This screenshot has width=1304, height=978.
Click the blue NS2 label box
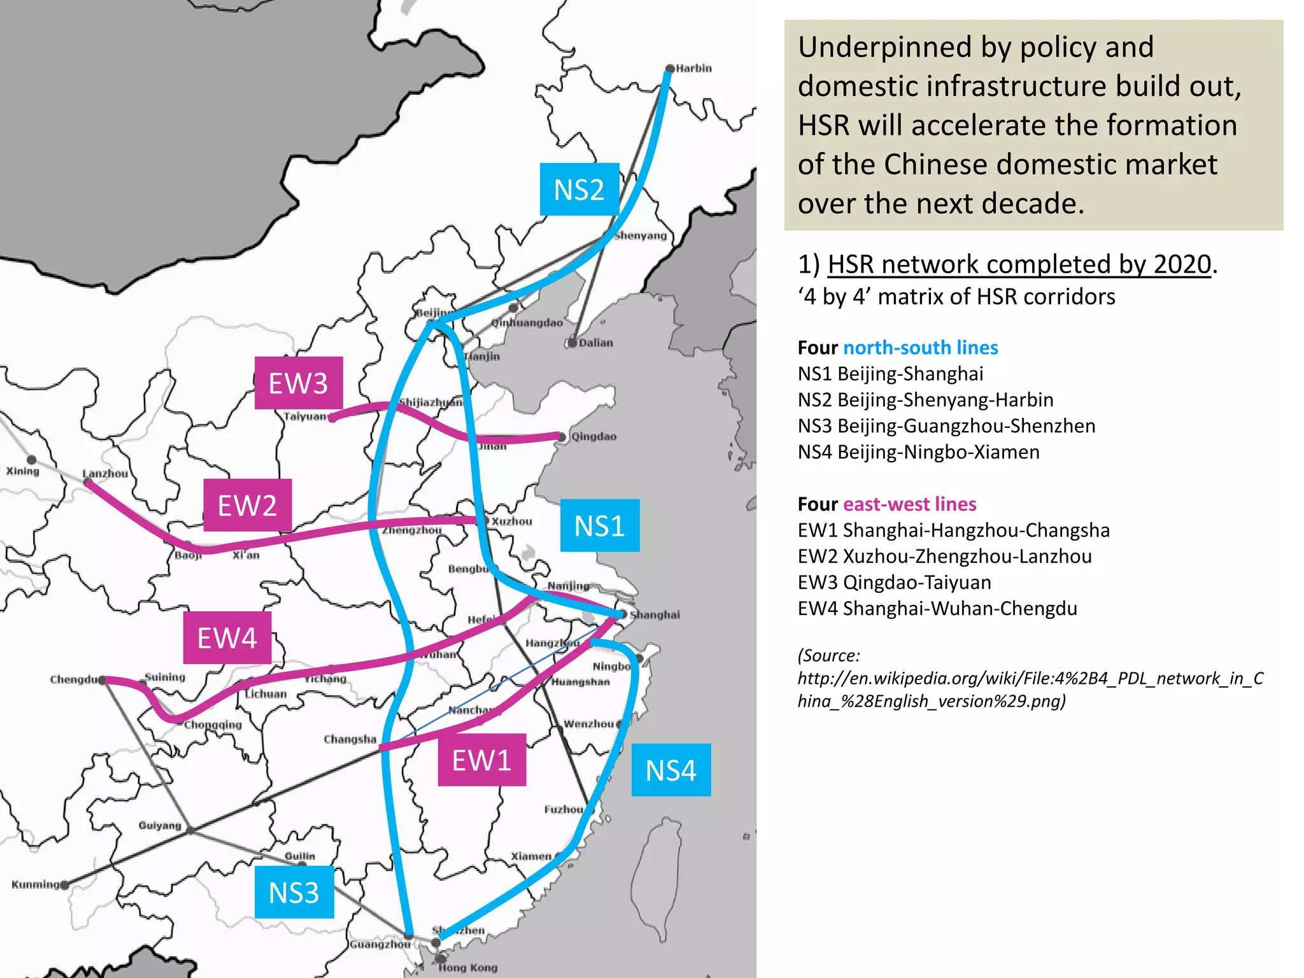pyautogui.click(x=579, y=190)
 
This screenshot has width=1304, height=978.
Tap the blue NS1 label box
pyautogui.click(x=599, y=526)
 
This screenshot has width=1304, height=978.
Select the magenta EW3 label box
pyautogui.click(x=298, y=383)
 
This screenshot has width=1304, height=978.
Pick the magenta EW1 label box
pyautogui.click(x=481, y=760)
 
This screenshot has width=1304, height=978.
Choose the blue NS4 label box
pyautogui.click(x=670, y=770)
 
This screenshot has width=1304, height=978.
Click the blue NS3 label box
pyautogui.click(x=294, y=893)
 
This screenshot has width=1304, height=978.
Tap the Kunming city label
pyautogui.click(x=36, y=884)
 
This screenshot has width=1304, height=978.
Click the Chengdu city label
pyautogui.click(x=74, y=679)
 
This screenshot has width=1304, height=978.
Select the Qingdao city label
pyautogui.click(x=593, y=437)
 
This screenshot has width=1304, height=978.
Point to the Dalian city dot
pyautogui.click(x=572, y=343)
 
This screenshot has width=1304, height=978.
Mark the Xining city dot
pyautogui.click(x=31, y=459)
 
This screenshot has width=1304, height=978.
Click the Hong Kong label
pyautogui.click(x=468, y=968)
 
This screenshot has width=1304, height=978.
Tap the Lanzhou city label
pyautogui.click(x=105, y=474)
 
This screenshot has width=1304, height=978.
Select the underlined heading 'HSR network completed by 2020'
pyautogui.click(x=1019, y=264)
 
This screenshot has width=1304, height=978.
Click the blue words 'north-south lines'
pyautogui.click(x=920, y=348)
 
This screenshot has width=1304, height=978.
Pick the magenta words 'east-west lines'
pyautogui.click(x=909, y=504)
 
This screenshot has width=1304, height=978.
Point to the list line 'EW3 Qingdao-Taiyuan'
pyautogui.click(x=894, y=583)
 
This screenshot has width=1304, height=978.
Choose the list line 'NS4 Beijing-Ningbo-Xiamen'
pyautogui.click(x=918, y=452)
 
